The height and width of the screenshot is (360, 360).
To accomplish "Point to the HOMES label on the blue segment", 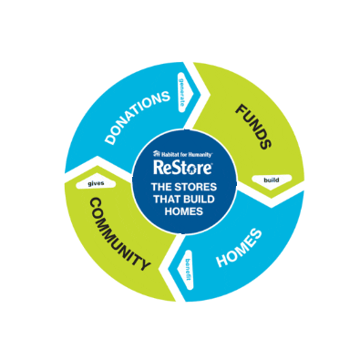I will [x=240, y=248].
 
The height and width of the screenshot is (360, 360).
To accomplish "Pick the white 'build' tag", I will [x=271, y=180].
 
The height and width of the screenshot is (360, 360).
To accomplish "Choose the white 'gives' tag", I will [x=96, y=182].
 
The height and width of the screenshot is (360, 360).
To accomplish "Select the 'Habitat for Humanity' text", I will [x=186, y=154].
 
